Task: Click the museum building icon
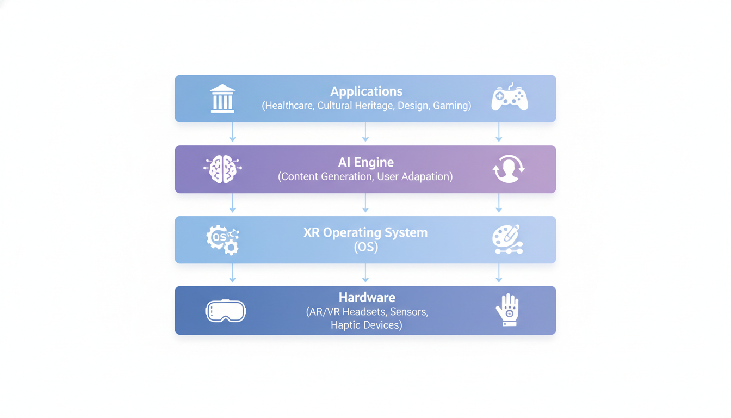pyautogui.click(x=222, y=99)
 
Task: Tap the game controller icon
pyautogui.click(x=510, y=98)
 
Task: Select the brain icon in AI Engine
pyautogui.click(x=222, y=169)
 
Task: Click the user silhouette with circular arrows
pyautogui.click(x=509, y=169)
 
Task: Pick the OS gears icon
pyautogui.click(x=222, y=239)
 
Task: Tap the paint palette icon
pyautogui.click(x=507, y=239)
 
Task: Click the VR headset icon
pyautogui.click(x=226, y=311)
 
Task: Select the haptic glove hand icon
pyautogui.click(x=508, y=310)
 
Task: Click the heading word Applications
pyautogui.click(x=366, y=91)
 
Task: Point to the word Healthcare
pyautogui.click(x=288, y=106)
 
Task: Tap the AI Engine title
pyautogui.click(x=365, y=162)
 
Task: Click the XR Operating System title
pyautogui.click(x=365, y=232)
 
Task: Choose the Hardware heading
pyautogui.click(x=367, y=297)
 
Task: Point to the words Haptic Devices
pyautogui.click(x=367, y=325)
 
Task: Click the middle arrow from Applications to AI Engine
pyautogui.click(x=365, y=133)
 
